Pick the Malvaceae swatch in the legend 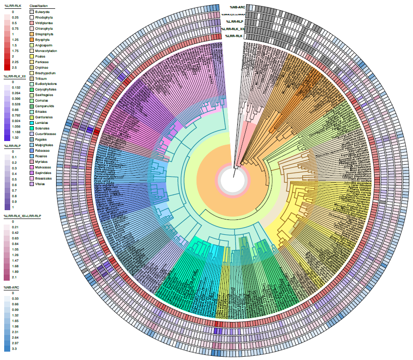[x=32, y=167]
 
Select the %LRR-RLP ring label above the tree [x=235, y=21]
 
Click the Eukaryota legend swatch [x=32, y=12]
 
